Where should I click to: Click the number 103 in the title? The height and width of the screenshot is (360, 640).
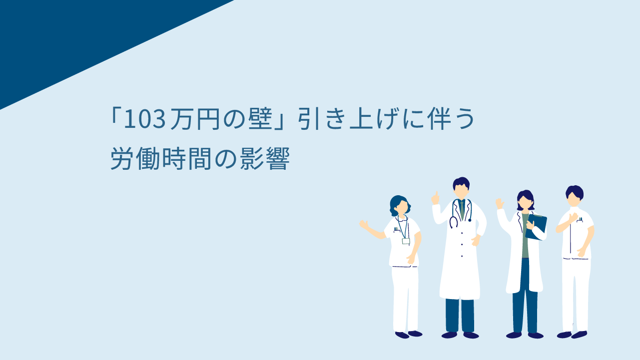145,119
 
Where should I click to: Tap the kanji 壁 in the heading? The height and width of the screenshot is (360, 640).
260,119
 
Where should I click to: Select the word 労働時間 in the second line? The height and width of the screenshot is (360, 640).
161,159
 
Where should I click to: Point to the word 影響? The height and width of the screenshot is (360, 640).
265,159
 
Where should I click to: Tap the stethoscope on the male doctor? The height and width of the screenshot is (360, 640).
460,214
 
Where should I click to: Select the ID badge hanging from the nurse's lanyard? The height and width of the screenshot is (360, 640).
406,241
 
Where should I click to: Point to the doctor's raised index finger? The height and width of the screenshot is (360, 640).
436,194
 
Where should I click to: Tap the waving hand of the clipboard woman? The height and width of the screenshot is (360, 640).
500,204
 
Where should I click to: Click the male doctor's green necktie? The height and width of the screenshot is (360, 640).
462,210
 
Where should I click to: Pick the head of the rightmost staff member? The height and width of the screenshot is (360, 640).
574,196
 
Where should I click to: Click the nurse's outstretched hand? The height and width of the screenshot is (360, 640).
364,224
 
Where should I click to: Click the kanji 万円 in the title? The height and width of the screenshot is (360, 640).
195,119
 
